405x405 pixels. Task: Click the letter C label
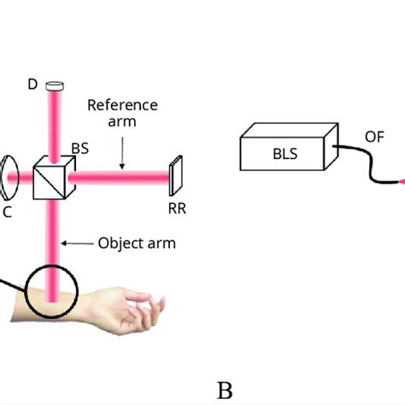click(8, 212)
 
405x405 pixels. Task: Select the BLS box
click(281, 153)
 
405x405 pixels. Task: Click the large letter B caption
click(225, 390)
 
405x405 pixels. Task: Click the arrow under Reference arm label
click(122, 152)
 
